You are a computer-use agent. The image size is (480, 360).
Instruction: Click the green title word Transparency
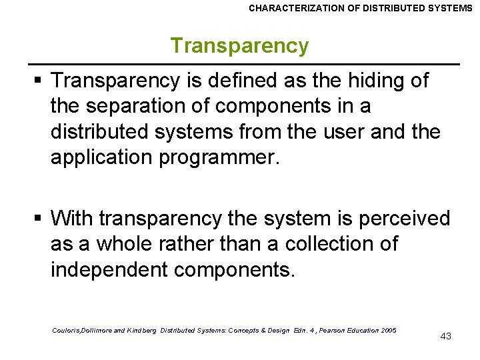(x=239, y=45)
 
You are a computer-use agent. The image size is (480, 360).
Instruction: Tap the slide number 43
(x=446, y=336)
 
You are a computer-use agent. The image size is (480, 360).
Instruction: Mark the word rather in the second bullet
(x=189, y=244)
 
